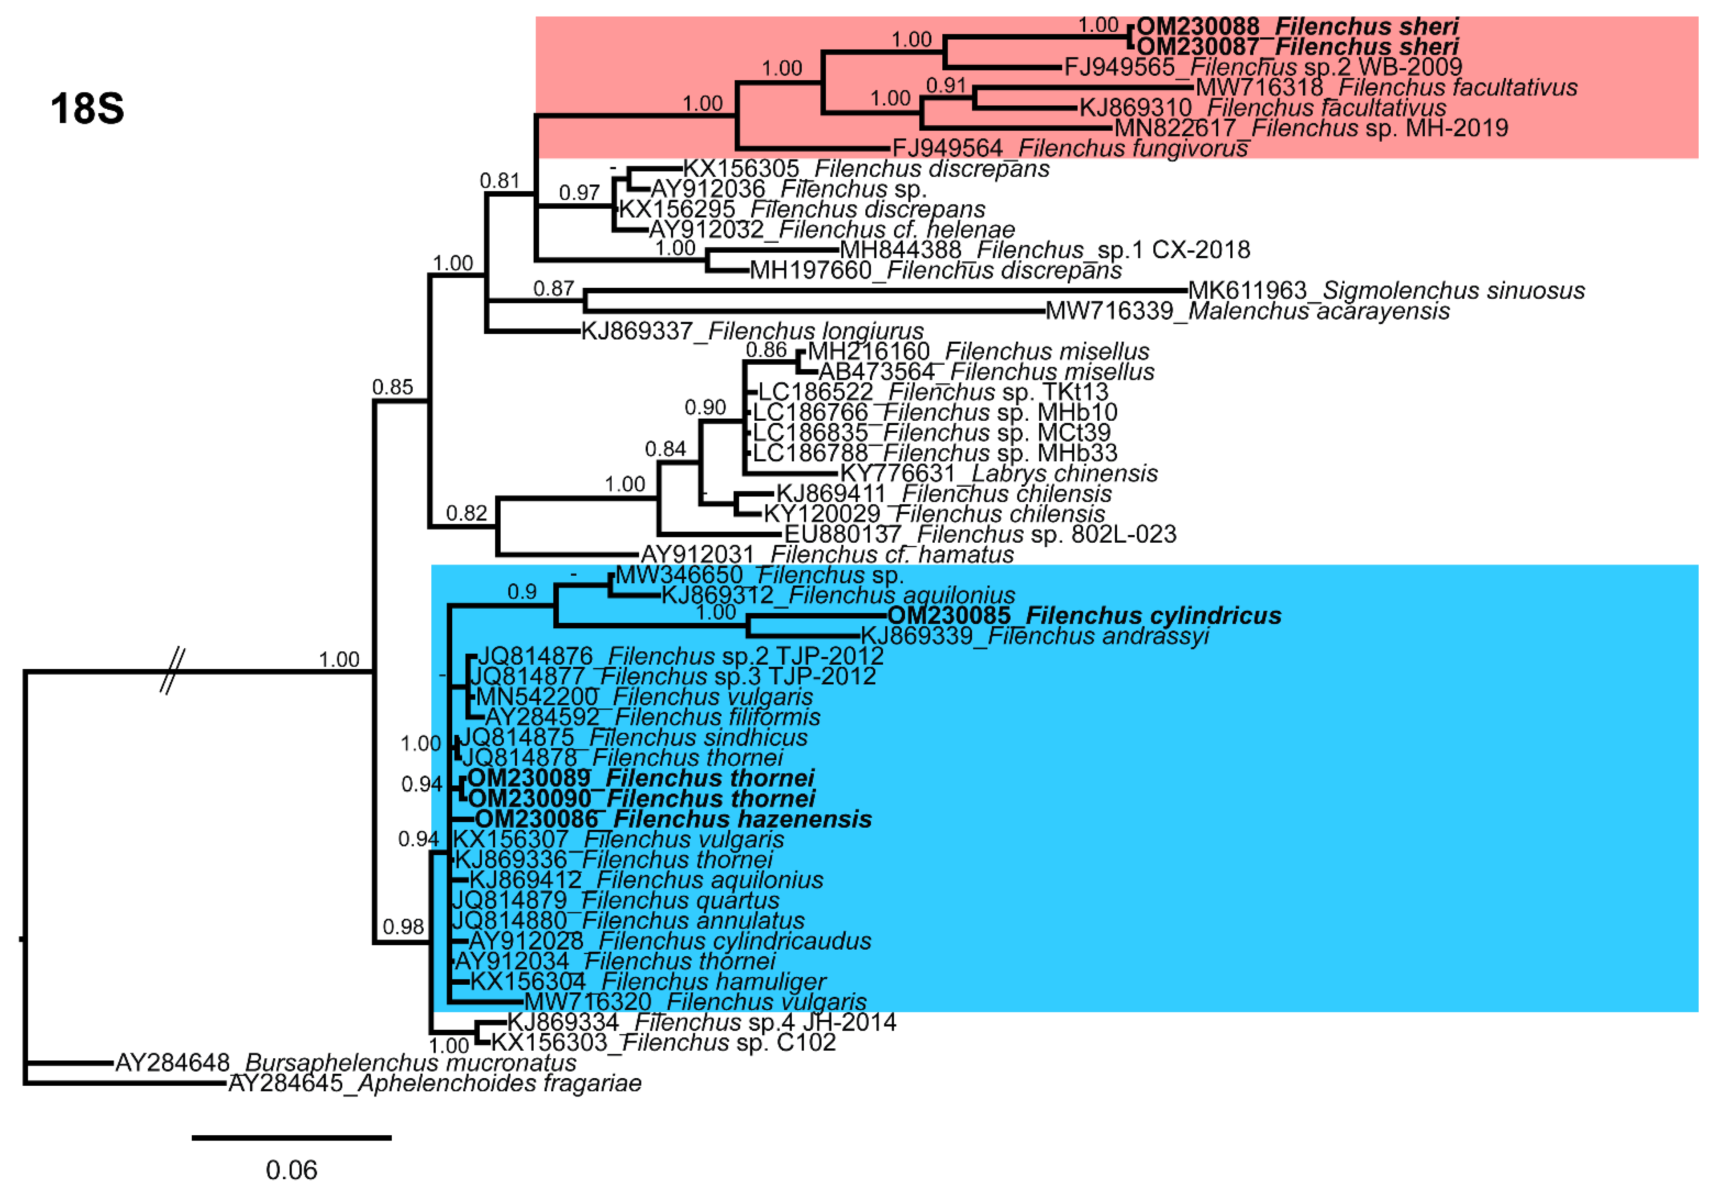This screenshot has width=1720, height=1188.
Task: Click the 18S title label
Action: (87, 109)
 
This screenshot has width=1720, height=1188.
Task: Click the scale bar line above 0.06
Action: (291, 1137)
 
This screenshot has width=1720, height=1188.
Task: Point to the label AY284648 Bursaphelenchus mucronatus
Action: (346, 1062)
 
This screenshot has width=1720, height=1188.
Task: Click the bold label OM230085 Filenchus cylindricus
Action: (1084, 616)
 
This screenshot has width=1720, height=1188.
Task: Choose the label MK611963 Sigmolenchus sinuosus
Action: (1386, 290)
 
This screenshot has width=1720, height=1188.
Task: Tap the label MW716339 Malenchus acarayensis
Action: (1247, 310)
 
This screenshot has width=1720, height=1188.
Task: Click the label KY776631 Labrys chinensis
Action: (998, 473)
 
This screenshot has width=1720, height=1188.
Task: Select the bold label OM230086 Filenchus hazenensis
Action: (673, 819)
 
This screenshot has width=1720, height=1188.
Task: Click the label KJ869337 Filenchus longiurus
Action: (752, 331)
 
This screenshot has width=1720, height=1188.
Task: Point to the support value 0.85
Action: (392, 387)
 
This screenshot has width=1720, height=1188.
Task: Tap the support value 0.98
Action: (403, 927)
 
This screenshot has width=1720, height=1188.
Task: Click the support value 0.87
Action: (553, 288)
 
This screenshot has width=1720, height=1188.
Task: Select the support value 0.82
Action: (466, 513)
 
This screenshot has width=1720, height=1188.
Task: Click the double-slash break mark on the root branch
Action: (172, 671)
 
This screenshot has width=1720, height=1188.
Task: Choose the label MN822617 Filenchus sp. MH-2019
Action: (1310, 128)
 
